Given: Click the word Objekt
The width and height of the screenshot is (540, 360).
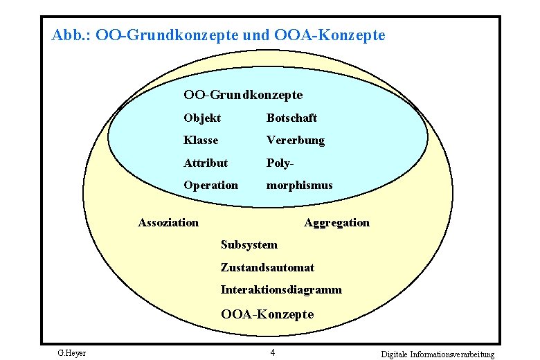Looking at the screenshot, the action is tap(202, 118).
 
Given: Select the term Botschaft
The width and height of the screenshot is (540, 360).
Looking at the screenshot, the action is tap(291, 118).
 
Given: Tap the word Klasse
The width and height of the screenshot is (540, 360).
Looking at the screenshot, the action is tap(201, 141).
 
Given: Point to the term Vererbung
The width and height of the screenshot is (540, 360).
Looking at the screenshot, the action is tap(295, 141).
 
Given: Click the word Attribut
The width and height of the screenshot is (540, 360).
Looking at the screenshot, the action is tap(205, 163).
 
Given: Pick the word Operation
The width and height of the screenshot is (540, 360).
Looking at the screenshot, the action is tap(210, 186).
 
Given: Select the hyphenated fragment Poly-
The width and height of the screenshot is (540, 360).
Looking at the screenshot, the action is tap(281, 163).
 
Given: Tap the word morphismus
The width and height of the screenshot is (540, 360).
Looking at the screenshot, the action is tap(299, 186).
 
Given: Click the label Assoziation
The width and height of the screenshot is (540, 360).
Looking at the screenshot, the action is tap(168, 222).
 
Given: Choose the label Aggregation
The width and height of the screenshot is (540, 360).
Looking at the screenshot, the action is tap(336, 222).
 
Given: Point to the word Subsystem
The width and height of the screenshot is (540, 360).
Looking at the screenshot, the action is tap(249, 244).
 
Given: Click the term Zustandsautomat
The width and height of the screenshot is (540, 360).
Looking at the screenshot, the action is tap(267, 267).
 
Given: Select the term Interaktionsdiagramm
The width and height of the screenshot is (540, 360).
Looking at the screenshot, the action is tap(281, 290).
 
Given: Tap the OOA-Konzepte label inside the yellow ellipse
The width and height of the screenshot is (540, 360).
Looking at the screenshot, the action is tap(267, 314).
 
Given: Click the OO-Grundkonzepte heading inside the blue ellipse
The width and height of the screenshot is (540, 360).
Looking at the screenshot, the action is tap(243, 94).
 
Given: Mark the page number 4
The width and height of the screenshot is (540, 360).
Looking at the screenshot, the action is tap(273, 352).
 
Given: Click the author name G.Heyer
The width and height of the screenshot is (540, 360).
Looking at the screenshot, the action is tap(71, 354).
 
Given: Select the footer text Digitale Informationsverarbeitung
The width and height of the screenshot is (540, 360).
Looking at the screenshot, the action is tap(438, 354).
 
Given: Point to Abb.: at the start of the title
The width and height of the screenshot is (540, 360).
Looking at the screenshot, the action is tap(70, 34).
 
